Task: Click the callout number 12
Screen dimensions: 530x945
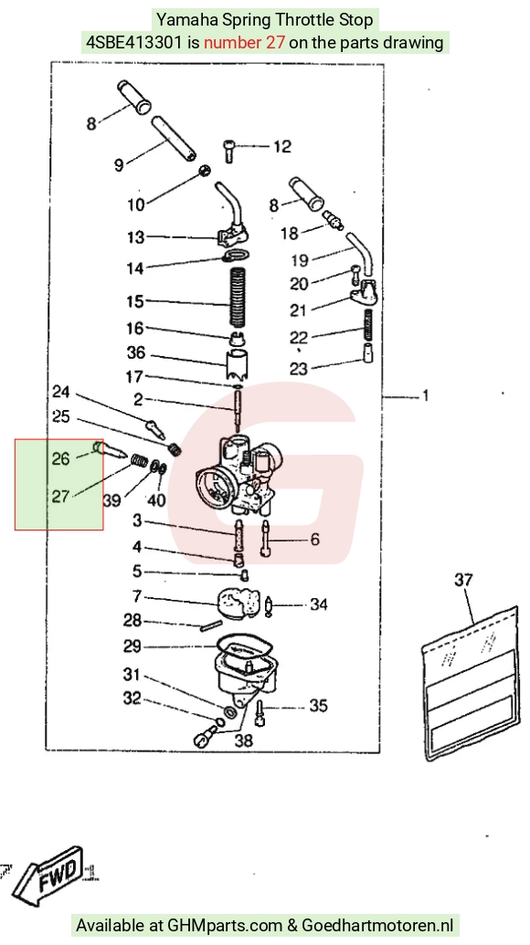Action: coord(281,146)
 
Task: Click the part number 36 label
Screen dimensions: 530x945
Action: coord(136,352)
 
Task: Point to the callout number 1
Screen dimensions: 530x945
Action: coord(426,396)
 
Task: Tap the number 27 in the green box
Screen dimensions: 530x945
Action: coord(60,496)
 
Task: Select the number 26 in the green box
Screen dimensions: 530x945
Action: coord(60,458)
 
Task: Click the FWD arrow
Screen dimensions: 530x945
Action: coord(47,874)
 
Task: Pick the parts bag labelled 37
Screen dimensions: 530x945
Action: coord(470,683)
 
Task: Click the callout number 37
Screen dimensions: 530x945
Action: coord(463,580)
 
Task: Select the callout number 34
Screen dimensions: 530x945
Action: coord(318,604)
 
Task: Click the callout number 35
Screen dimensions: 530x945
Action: coord(318,705)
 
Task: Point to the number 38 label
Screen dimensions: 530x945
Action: coord(244,740)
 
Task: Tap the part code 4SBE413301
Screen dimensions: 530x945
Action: coord(133,43)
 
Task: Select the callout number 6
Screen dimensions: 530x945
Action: coord(314,539)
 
